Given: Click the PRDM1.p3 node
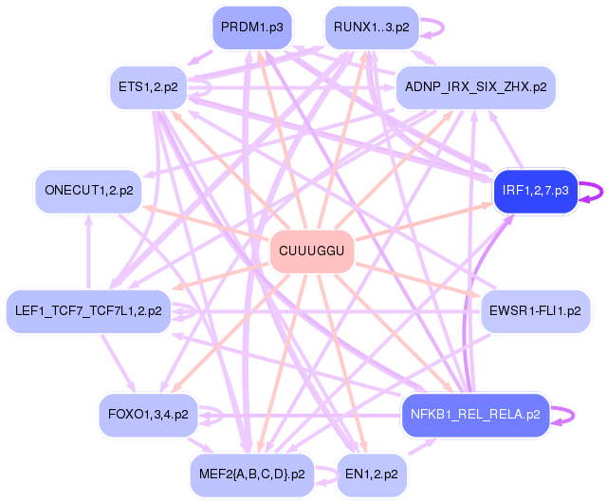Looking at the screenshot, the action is coord(251,27).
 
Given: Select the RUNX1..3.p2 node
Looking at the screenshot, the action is coord(372,27).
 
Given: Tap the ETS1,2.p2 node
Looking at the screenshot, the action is coord(148,86).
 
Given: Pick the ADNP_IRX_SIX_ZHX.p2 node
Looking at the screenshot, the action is coord(475,86).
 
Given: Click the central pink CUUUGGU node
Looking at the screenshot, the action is coord(312,251).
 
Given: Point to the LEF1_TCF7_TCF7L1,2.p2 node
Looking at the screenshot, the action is coord(87,310).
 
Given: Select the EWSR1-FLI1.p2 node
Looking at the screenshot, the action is coord(536,310).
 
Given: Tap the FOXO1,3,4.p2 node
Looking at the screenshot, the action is coord(148,414).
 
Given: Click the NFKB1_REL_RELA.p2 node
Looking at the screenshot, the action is coord(475,414).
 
